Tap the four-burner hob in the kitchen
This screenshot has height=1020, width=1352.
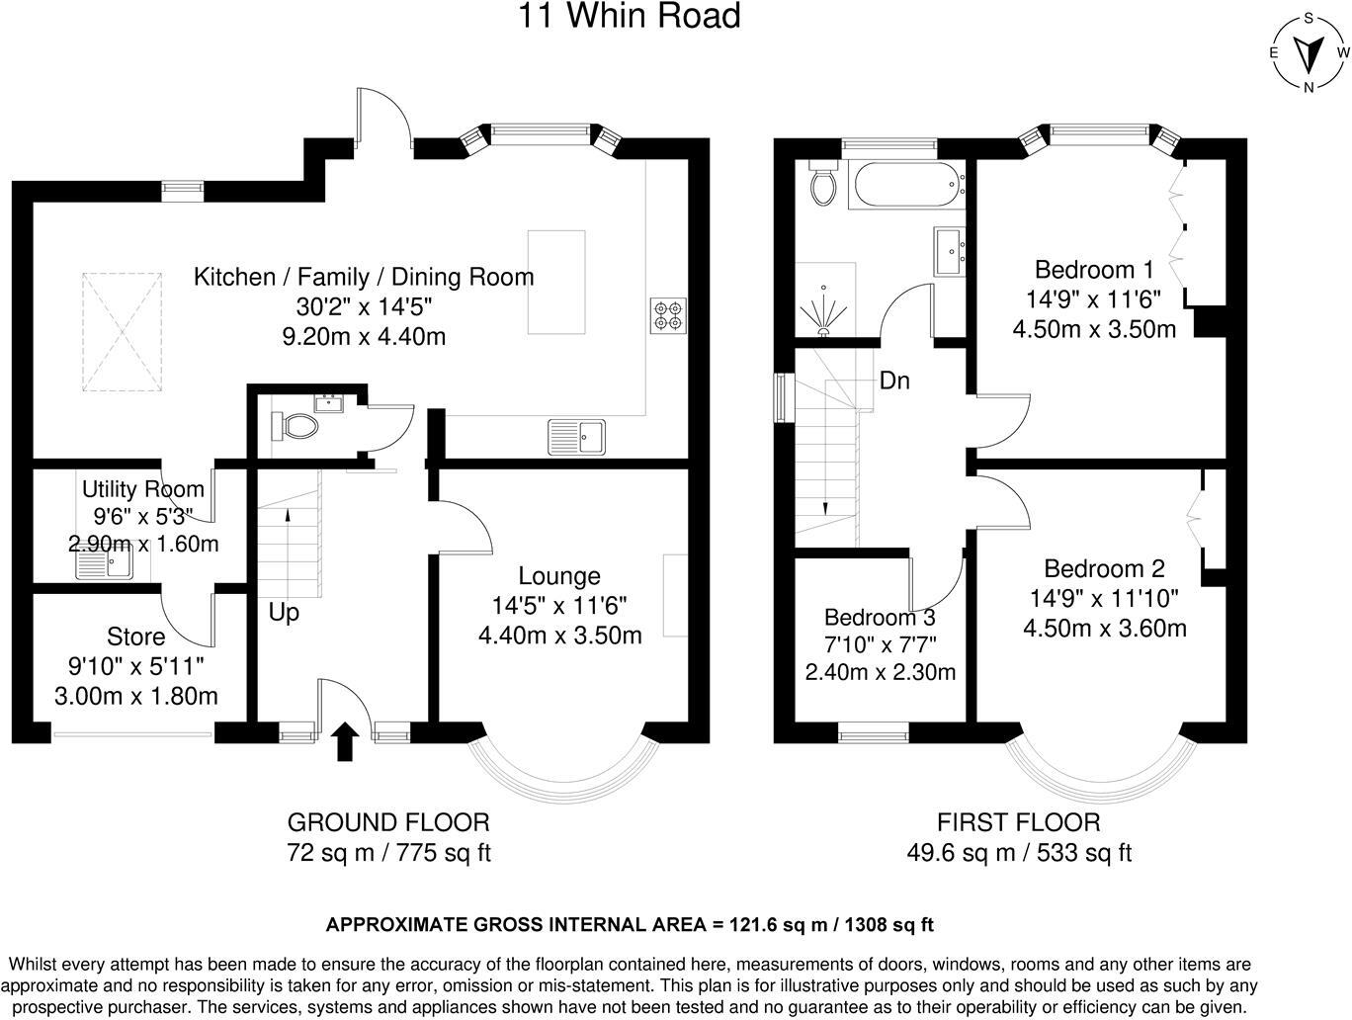pos(668,315)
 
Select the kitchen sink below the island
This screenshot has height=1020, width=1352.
pos(576,437)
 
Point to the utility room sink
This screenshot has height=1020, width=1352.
pos(104,563)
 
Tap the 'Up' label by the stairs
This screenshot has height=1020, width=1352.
pos(284,612)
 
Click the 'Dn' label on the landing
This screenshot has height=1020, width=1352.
pos(894,381)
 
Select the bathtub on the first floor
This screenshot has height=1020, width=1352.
pos(907,184)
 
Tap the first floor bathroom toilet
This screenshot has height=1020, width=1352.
pos(823,182)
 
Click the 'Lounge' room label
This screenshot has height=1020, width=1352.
pos(559,576)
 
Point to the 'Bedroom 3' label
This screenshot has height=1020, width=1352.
pos(880,617)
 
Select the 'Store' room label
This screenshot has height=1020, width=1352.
pos(136,637)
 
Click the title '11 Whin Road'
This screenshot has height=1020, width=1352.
pos(629,16)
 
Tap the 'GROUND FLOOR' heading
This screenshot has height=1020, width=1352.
pos(388,822)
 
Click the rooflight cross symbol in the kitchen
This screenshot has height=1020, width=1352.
pos(122,332)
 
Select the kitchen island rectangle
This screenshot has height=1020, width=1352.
pos(556,282)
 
